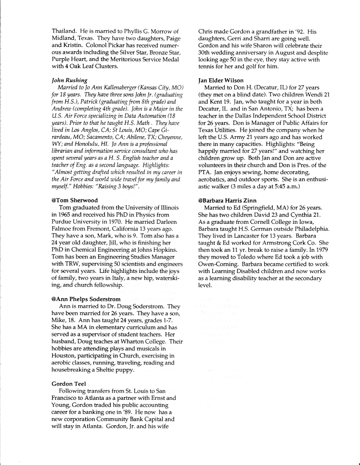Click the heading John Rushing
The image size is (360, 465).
click(x=69, y=80)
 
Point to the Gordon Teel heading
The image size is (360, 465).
click(x=69, y=384)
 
